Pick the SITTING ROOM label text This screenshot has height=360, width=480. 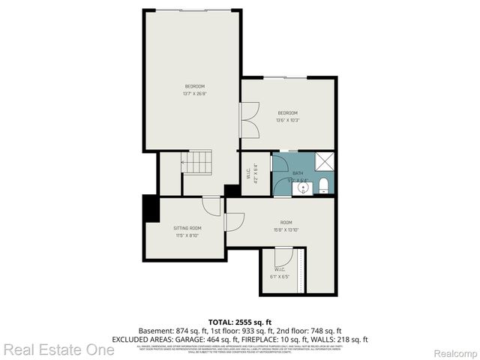(x=187, y=228)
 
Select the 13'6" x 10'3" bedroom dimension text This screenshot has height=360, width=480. (x=287, y=120)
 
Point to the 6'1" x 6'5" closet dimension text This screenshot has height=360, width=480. (x=279, y=276)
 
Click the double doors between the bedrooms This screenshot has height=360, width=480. (x=249, y=120)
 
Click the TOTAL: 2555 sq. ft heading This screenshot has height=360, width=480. (x=240, y=322)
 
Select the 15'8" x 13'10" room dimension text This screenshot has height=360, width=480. (x=286, y=229)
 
